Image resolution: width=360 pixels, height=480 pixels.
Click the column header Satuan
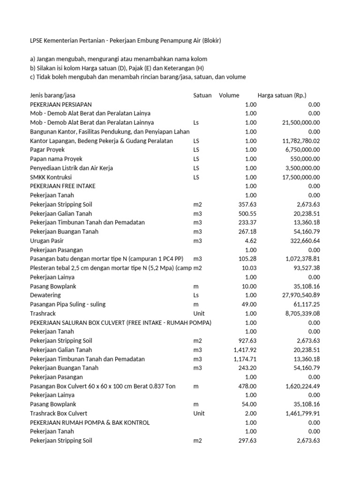[x=202, y=95]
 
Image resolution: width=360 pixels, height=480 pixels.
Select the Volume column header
[x=229, y=95]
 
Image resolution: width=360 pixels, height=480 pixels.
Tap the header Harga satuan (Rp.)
[x=282, y=95]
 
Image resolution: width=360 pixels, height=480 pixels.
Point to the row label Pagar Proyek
[x=47, y=150]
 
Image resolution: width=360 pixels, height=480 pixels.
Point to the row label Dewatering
[x=45, y=295]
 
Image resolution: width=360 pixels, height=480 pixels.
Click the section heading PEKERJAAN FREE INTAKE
[x=63, y=186]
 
